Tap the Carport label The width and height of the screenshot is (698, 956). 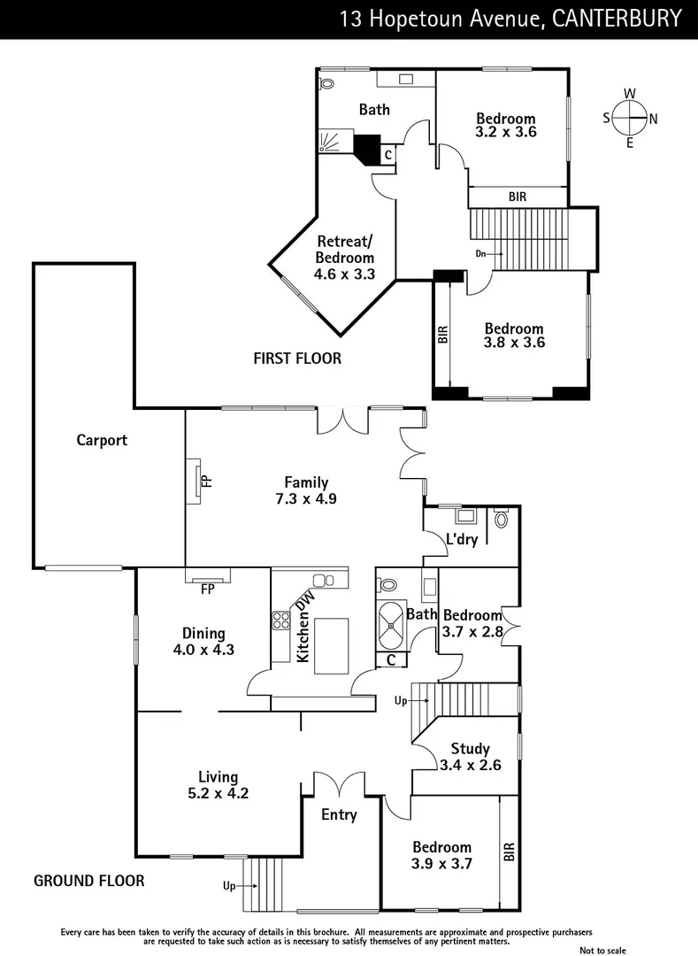(102, 440)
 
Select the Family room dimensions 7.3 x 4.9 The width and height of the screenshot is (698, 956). (306, 498)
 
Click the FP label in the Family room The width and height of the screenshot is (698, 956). (206, 482)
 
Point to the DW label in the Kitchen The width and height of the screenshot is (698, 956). (306, 603)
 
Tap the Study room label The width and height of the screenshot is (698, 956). (470, 749)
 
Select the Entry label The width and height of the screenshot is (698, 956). (339, 814)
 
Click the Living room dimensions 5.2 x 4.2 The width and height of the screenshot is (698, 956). (219, 793)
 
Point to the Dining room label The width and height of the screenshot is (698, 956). (203, 634)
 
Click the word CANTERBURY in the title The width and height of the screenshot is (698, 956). (617, 19)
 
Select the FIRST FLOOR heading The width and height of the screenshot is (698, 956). (297, 358)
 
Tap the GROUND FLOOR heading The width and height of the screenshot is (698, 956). (88, 881)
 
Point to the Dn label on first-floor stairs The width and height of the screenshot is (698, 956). (481, 254)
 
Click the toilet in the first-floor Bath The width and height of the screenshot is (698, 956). (326, 86)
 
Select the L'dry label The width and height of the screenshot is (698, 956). (462, 539)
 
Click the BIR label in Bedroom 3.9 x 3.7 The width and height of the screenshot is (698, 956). (509, 852)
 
